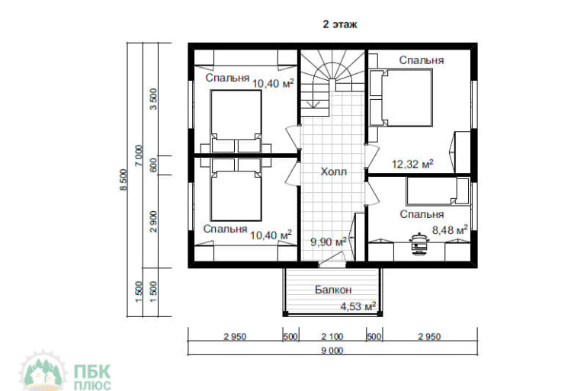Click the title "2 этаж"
(x=340, y=24)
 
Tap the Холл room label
(x=334, y=171)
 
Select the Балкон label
(x=333, y=290)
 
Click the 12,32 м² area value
(x=412, y=164)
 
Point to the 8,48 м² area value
(x=450, y=229)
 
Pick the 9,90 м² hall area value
(x=329, y=242)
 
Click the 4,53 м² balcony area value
(x=358, y=307)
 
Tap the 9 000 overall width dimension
(x=332, y=351)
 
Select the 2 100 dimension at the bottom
(x=332, y=337)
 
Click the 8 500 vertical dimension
(x=123, y=180)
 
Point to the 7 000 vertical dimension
(x=139, y=155)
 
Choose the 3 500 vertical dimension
(x=153, y=99)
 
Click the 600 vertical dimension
(x=153, y=165)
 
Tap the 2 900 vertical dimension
(x=153, y=222)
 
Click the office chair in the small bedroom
(x=419, y=244)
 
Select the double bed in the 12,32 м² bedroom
(x=401, y=98)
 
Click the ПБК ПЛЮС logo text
(x=92, y=377)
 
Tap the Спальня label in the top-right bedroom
(x=421, y=60)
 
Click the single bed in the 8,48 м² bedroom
(x=438, y=191)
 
